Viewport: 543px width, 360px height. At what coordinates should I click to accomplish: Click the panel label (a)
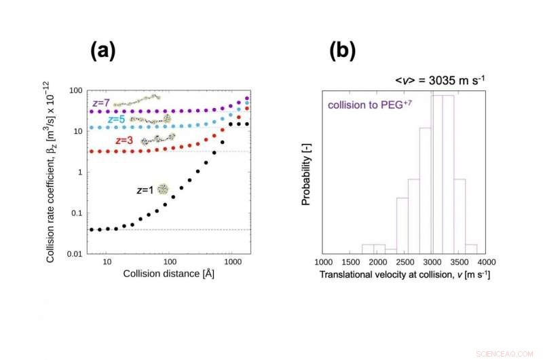[102, 50]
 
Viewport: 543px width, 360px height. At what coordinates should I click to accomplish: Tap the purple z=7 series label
[100, 103]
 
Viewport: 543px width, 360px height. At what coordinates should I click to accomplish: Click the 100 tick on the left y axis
[76, 91]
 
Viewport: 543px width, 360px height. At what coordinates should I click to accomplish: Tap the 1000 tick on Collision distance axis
[233, 262]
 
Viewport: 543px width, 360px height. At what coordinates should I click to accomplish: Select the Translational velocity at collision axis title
[405, 274]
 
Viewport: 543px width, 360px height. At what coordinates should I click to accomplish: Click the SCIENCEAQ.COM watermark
[514, 353]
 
